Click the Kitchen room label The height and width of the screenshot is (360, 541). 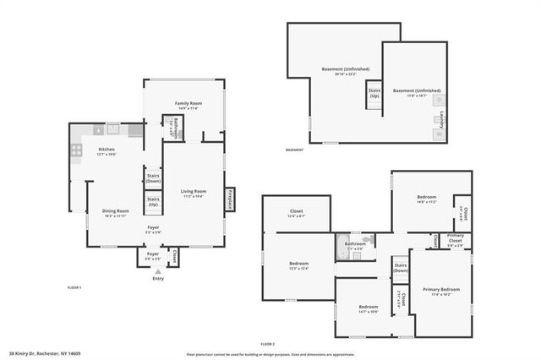[106, 150]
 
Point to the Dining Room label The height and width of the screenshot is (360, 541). [115, 211]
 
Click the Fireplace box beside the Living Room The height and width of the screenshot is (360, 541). [230, 198]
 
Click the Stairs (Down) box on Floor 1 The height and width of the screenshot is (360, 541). [153, 178]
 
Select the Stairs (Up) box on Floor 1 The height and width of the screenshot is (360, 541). [153, 202]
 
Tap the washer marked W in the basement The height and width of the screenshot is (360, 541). [439, 134]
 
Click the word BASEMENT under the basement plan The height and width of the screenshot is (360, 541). [294, 150]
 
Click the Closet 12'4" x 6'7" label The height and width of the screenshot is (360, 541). [296, 213]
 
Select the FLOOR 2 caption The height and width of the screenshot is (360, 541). [269, 343]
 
